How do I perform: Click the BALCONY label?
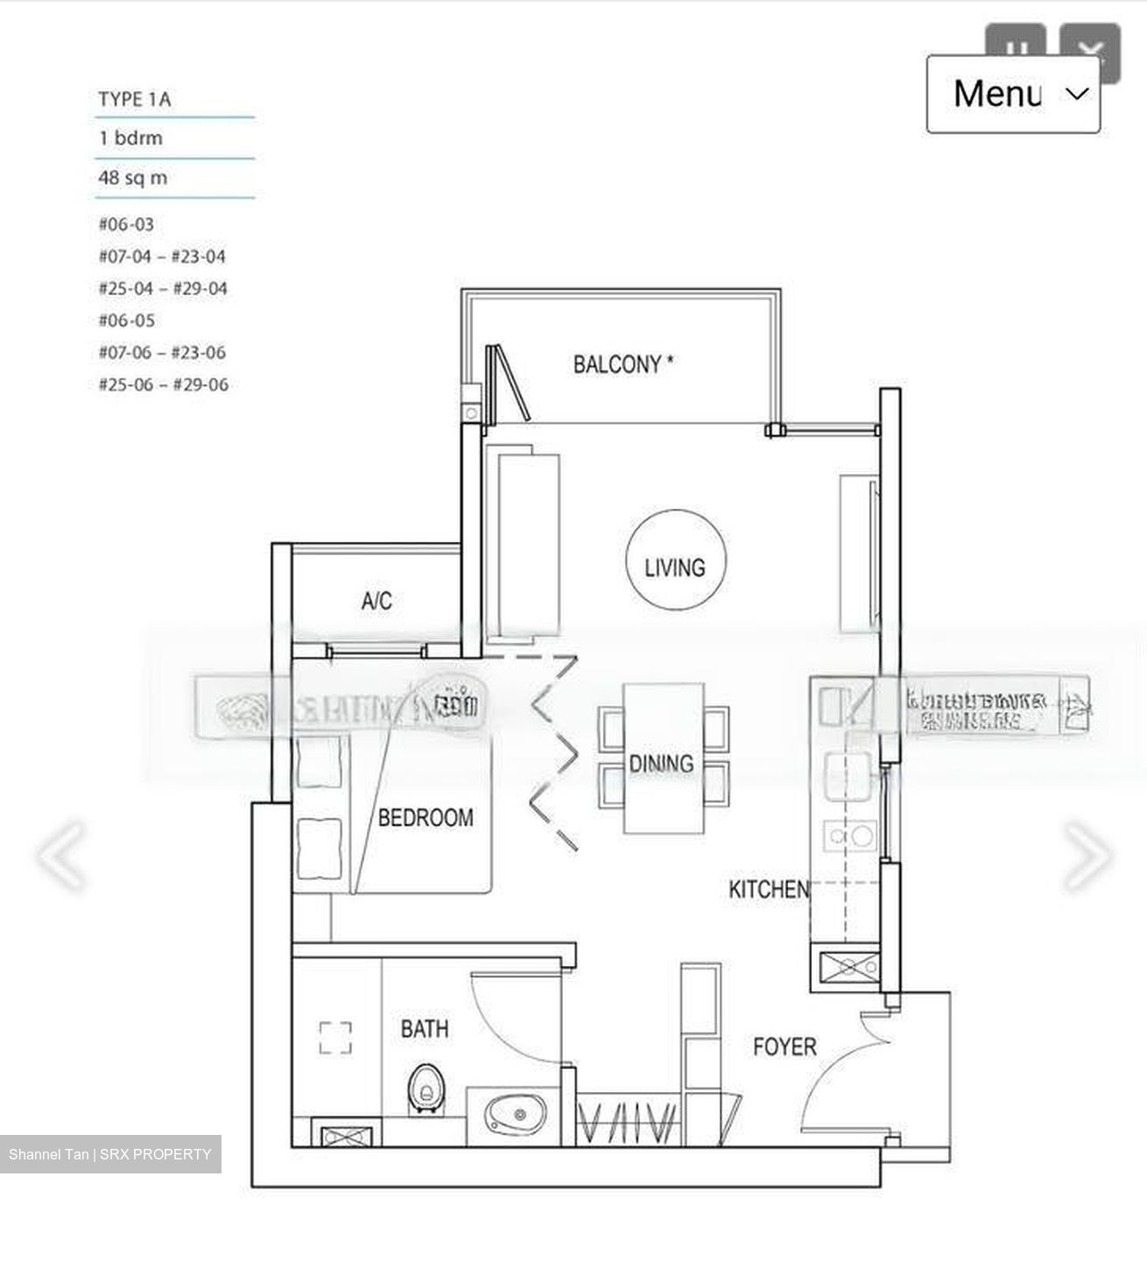[623, 364]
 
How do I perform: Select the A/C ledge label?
[376, 602]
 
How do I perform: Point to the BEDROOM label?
[426, 818]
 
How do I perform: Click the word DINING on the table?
[661, 764]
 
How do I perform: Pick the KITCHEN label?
[768, 890]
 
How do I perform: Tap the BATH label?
[425, 1028]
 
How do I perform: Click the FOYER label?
[785, 1046]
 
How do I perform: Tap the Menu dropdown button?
[1013, 94]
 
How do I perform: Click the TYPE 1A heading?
[135, 100]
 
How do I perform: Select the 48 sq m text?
[133, 179]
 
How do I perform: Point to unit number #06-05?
[126, 321]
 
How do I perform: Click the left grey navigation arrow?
[63, 855]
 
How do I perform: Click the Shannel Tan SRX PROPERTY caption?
[110, 1154]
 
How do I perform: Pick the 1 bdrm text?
[130, 138]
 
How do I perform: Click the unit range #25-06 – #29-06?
[163, 384]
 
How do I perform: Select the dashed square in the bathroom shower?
[335, 1039]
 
